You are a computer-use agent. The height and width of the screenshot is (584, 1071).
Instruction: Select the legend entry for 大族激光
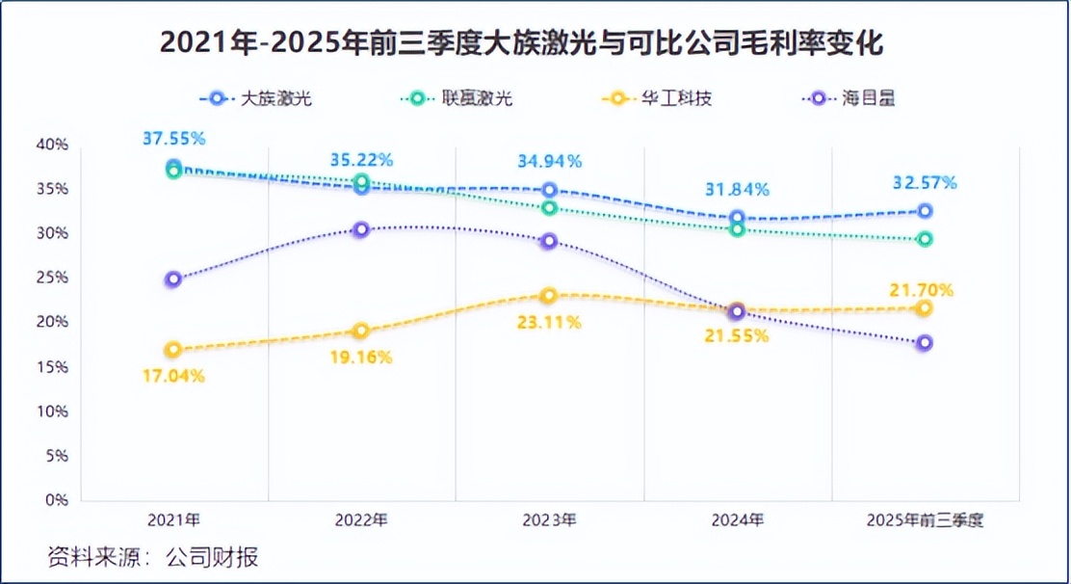pos(261,98)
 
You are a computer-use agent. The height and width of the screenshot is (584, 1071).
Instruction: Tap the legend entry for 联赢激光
pos(458,98)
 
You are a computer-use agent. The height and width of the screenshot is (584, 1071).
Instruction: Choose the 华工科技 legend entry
pos(657,98)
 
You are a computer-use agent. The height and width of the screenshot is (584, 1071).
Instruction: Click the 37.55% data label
pos(173,139)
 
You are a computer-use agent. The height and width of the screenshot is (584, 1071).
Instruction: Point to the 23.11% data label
pos(549,323)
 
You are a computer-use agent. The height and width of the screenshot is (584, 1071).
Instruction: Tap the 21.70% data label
pos(922,289)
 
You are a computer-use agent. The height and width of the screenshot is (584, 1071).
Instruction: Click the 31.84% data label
pos(737,190)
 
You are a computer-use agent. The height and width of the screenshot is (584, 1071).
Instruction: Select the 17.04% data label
pos(173,377)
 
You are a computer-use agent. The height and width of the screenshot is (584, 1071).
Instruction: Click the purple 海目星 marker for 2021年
pos(173,279)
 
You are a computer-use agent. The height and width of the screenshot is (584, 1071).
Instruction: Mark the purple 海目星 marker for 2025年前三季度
pos(925,343)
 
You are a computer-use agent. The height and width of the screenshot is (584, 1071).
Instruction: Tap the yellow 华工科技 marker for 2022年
pos(361,332)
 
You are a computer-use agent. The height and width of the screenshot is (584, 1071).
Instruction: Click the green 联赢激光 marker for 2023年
pos(549,208)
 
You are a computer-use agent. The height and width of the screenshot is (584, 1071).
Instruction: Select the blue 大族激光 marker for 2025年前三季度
pos(925,211)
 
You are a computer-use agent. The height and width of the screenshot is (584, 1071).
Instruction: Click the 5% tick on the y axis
pos(56,456)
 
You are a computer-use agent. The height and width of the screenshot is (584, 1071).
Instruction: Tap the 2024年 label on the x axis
pos(737,520)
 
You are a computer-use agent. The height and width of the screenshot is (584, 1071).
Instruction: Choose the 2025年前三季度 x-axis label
pos(925,520)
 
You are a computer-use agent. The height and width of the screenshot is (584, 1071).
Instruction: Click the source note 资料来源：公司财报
pos(153,557)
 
